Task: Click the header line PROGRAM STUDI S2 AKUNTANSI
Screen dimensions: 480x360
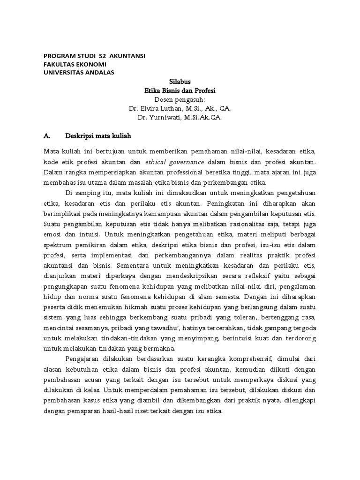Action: (x=94, y=56)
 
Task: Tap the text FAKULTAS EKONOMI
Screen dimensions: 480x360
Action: (x=75, y=64)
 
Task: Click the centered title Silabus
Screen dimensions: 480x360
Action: (x=180, y=81)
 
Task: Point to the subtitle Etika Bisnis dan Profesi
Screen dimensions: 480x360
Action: (x=180, y=90)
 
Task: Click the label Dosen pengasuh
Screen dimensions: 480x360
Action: (x=180, y=99)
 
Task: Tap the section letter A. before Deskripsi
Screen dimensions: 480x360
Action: (x=47, y=136)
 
